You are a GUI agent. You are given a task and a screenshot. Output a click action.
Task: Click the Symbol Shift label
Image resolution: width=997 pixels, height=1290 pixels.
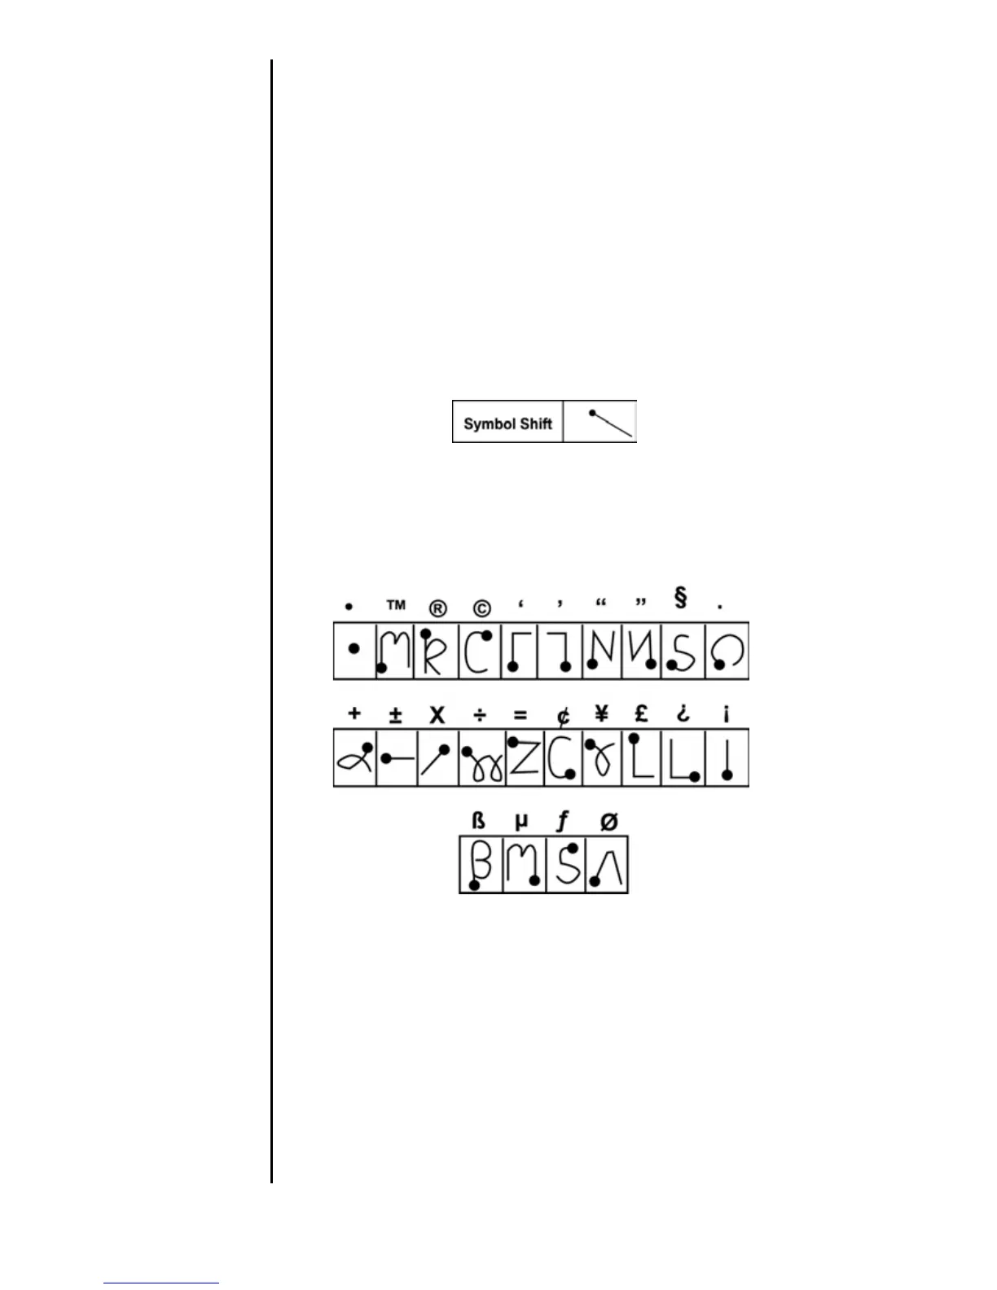(507, 423)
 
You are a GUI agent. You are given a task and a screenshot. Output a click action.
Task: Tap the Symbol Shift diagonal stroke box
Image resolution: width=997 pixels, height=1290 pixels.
(600, 422)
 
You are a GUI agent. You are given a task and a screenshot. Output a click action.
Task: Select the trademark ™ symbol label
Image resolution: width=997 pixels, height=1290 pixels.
(396, 605)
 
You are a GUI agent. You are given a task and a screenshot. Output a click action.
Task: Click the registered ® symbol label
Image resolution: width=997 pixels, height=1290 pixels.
(438, 608)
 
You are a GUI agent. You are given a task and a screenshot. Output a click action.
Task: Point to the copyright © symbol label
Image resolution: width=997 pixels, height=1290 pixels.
(481, 608)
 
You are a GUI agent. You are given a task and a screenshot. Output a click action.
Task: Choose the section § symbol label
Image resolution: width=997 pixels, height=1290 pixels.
(681, 599)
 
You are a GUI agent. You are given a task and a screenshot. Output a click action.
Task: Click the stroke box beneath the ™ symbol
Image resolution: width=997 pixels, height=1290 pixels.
(395, 651)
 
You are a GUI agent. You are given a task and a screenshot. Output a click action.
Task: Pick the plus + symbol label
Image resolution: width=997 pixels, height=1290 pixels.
(354, 714)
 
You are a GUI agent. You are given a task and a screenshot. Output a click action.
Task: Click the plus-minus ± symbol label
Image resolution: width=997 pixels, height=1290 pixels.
(396, 715)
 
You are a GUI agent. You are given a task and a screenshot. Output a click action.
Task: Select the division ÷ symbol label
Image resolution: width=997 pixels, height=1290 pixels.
(481, 716)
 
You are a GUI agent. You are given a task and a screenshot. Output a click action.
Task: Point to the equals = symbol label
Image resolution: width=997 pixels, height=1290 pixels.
(520, 716)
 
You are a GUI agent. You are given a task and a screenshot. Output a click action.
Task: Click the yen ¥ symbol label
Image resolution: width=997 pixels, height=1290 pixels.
(602, 714)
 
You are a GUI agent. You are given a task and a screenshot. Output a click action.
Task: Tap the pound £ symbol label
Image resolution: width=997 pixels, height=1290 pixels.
(642, 714)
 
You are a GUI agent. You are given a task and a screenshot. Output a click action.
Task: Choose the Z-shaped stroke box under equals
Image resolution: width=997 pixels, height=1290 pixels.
(524, 757)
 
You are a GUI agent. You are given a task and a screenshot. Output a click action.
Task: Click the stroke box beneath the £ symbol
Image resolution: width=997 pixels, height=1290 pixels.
(643, 757)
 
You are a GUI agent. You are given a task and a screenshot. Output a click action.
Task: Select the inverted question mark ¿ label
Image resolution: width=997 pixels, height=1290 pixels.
(683, 715)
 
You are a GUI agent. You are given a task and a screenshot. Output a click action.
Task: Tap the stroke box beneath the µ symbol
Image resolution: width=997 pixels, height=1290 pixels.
(524, 864)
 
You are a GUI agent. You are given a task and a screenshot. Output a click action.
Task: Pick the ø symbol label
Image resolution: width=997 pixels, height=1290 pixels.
(608, 822)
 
